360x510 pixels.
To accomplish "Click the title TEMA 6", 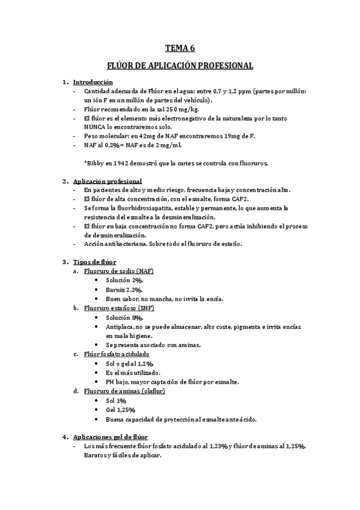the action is (180, 49).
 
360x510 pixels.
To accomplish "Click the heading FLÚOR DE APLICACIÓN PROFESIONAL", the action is (180, 65).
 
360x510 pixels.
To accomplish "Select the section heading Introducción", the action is (93, 82).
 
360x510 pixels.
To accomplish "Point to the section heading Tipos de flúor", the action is (94, 262).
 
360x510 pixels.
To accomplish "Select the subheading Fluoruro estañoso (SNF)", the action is (118, 308).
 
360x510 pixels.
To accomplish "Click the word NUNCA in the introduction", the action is (96, 127).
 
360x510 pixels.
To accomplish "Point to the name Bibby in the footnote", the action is (97, 163).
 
